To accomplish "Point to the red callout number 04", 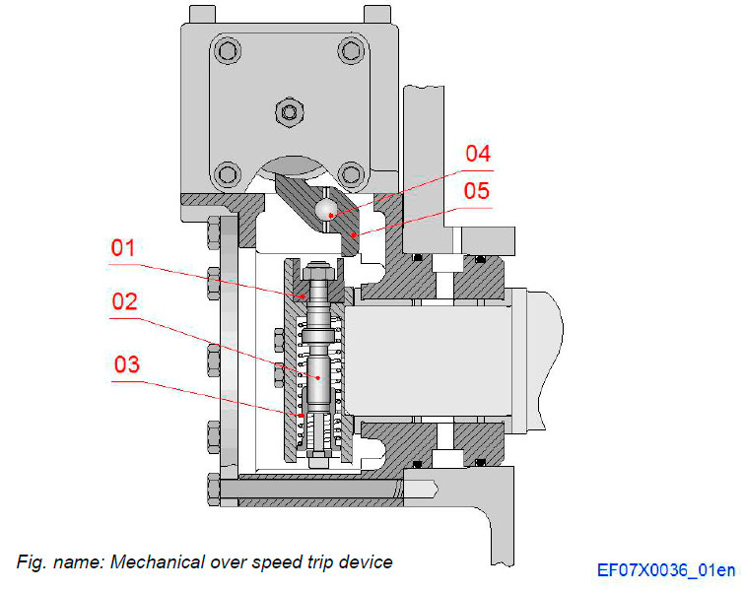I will [477, 155].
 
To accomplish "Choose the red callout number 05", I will [476, 190].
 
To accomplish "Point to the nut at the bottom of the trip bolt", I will [317, 459].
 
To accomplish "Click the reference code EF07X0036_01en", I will [665, 569].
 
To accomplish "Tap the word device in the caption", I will [367, 562].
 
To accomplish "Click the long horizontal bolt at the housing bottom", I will [315, 487].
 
